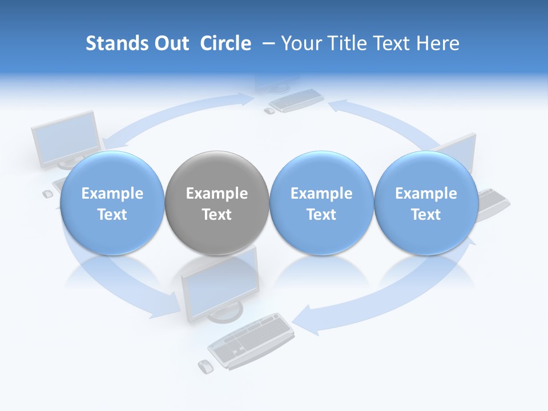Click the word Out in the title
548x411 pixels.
171,43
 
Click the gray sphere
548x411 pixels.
217,203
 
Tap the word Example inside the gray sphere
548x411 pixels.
217,194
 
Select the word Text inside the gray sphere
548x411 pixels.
217,215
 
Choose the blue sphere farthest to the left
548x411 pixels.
112,203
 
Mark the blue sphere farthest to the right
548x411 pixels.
426,203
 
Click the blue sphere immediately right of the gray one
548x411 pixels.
321,203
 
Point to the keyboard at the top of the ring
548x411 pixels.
296,100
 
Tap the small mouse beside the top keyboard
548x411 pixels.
269,111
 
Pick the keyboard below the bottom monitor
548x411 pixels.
251,340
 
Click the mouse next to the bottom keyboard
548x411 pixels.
205,366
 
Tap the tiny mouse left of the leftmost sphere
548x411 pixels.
48,194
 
